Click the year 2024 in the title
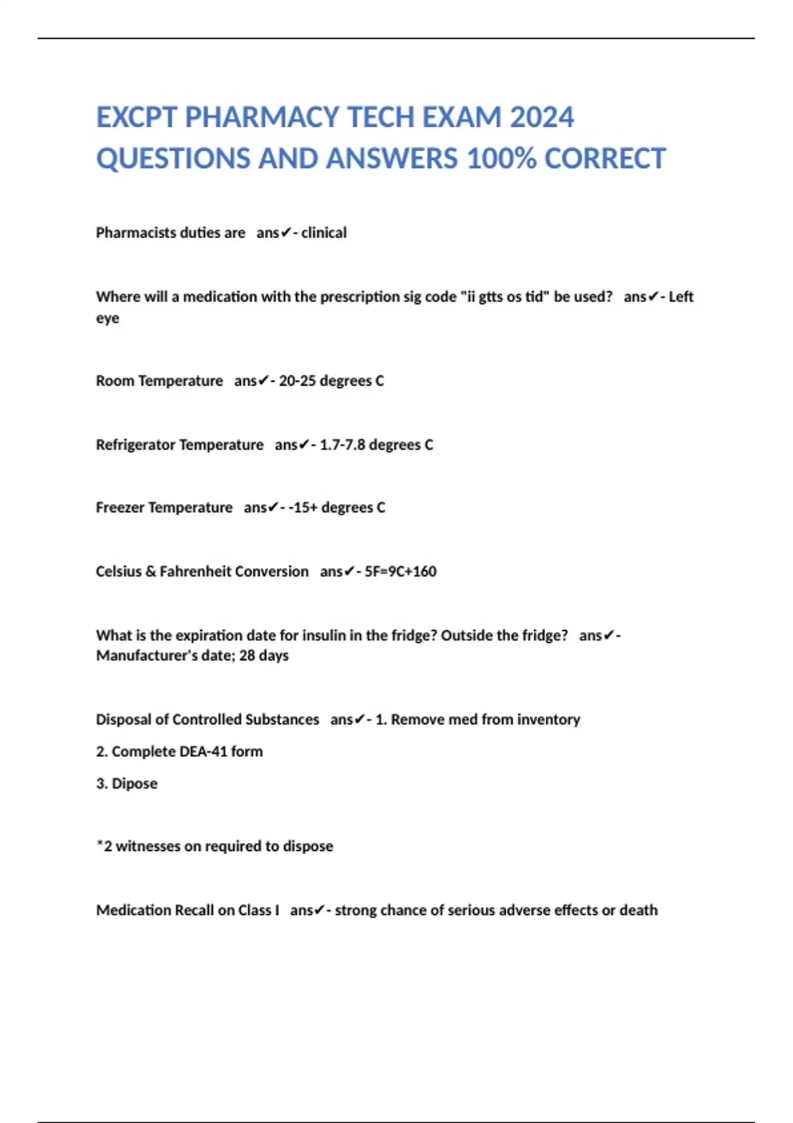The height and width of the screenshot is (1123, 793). point(542,118)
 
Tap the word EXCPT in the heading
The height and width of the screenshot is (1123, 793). point(137,118)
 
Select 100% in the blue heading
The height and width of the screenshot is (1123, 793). point(502,159)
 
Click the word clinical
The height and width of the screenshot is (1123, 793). point(324,233)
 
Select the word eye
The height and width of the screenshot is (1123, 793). point(108,318)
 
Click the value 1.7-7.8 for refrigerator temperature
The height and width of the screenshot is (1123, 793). point(342,445)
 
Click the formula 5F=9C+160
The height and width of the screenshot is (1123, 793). point(400,571)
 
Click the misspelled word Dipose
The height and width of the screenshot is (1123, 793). point(135,783)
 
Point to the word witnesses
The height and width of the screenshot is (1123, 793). point(148,846)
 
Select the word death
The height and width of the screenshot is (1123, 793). point(639,910)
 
